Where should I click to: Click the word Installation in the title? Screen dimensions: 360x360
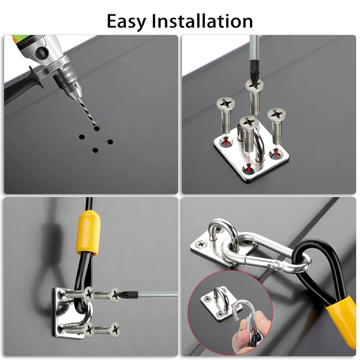tap(202, 21)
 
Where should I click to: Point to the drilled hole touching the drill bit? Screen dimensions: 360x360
tap(96, 128)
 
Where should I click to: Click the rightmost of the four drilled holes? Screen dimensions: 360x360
tap(110, 142)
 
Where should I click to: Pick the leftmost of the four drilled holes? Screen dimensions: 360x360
tap(81, 137)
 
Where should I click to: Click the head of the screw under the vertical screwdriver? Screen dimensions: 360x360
tap(254, 85)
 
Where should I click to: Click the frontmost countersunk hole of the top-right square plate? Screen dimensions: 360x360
tap(248, 169)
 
